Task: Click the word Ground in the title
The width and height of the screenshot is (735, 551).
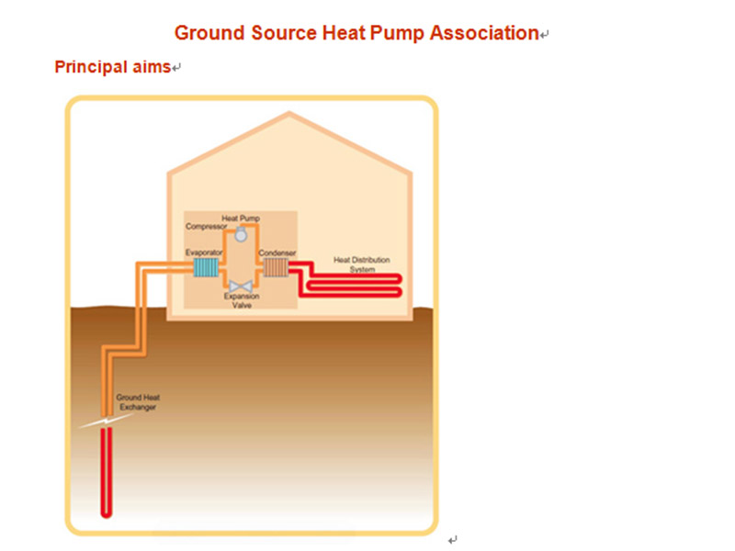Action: point(207,34)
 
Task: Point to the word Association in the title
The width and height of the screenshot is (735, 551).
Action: point(486,34)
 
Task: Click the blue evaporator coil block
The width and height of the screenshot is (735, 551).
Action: point(207,267)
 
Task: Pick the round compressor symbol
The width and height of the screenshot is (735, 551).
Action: point(241,235)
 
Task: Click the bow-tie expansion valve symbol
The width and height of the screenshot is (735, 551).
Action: point(241,287)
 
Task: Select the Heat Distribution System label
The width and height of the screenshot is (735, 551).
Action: point(356,264)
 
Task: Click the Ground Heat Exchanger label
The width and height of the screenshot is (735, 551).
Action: point(135,401)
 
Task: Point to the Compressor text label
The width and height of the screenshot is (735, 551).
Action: point(206,226)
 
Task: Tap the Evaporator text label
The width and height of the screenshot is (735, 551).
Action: point(204,253)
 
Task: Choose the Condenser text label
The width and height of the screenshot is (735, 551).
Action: point(277,253)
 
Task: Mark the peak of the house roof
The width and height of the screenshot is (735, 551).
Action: point(288,114)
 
